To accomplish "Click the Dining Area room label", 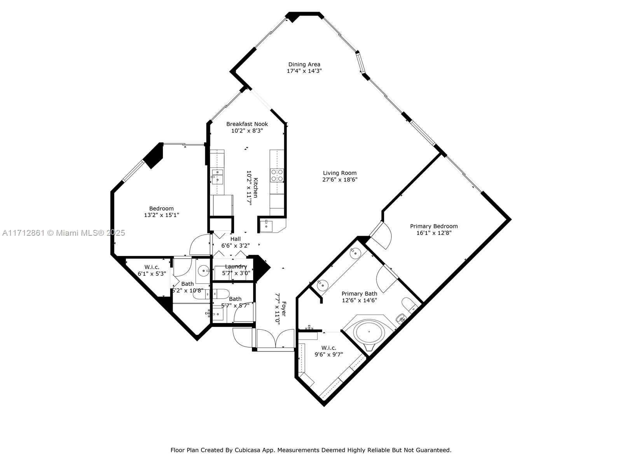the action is coord(304,64).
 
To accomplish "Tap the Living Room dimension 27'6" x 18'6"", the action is coord(340,179).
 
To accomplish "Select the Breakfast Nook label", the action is coord(247,124).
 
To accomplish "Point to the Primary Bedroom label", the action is coord(434,226).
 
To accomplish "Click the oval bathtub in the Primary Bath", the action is coord(370,331).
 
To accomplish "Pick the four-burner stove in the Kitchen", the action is coord(277,175).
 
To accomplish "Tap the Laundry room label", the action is coord(236,266).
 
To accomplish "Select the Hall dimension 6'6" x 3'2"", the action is coord(235,245).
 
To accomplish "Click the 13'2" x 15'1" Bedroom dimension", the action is coord(161,215).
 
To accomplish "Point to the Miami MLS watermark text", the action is coord(63,233).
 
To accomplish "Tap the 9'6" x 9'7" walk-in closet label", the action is coord(329,354).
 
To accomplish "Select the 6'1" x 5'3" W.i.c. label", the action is coord(152,274).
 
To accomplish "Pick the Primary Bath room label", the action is coord(359,294).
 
